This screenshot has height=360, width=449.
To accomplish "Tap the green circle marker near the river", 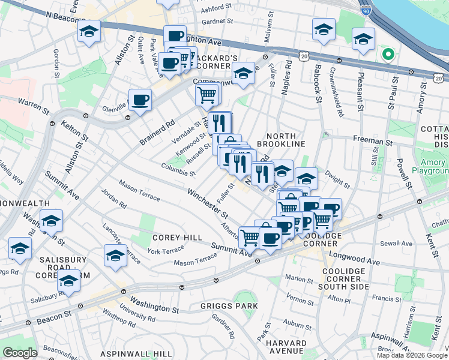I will click(388, 55).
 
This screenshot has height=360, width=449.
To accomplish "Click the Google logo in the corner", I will click(20, 353).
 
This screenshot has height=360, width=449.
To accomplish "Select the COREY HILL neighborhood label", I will click(177, 238).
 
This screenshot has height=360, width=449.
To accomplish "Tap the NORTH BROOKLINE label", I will click(281, 139).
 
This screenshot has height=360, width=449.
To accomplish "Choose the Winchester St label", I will click(208, 204).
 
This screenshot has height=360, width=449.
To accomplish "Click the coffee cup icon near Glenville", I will click(140, 100).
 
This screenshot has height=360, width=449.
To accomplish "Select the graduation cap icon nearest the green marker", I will click(363, 40).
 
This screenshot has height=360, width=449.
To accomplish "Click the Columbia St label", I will click(178, 170).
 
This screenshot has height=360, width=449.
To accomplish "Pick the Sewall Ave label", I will click(400, 244).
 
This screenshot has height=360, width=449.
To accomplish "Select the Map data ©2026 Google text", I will click(412, 355).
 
